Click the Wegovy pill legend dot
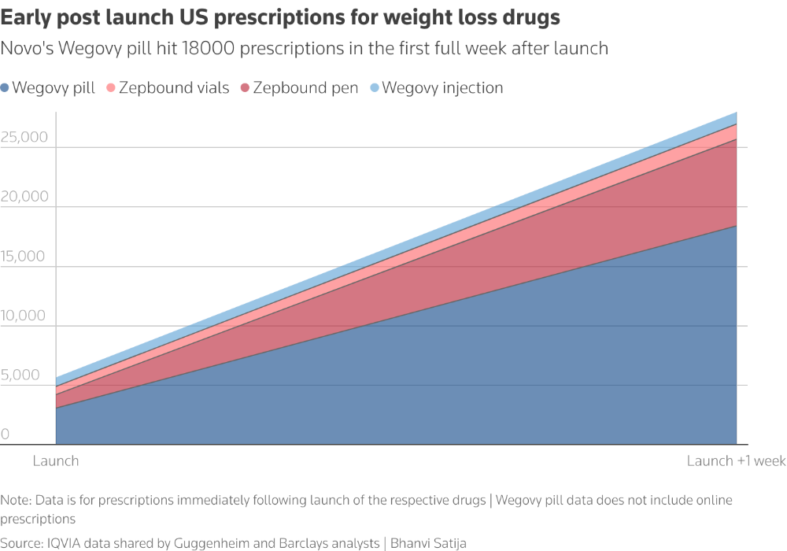[x=6, y=88]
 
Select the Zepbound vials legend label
[x=174, y=88]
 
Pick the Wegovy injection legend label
[x=442, y=88]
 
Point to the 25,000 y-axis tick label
[x=24, y=137]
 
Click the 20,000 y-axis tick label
[x=24, y=196]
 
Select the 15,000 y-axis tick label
[x=24, y=256]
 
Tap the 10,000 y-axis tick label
[x=24, y=316]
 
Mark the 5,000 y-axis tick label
[x=21, y=375]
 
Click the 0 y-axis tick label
[x=6, y=435]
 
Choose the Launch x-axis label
[x=56, y=461]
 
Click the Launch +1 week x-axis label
[x=736, y=461]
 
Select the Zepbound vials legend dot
[x=111, y=88]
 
